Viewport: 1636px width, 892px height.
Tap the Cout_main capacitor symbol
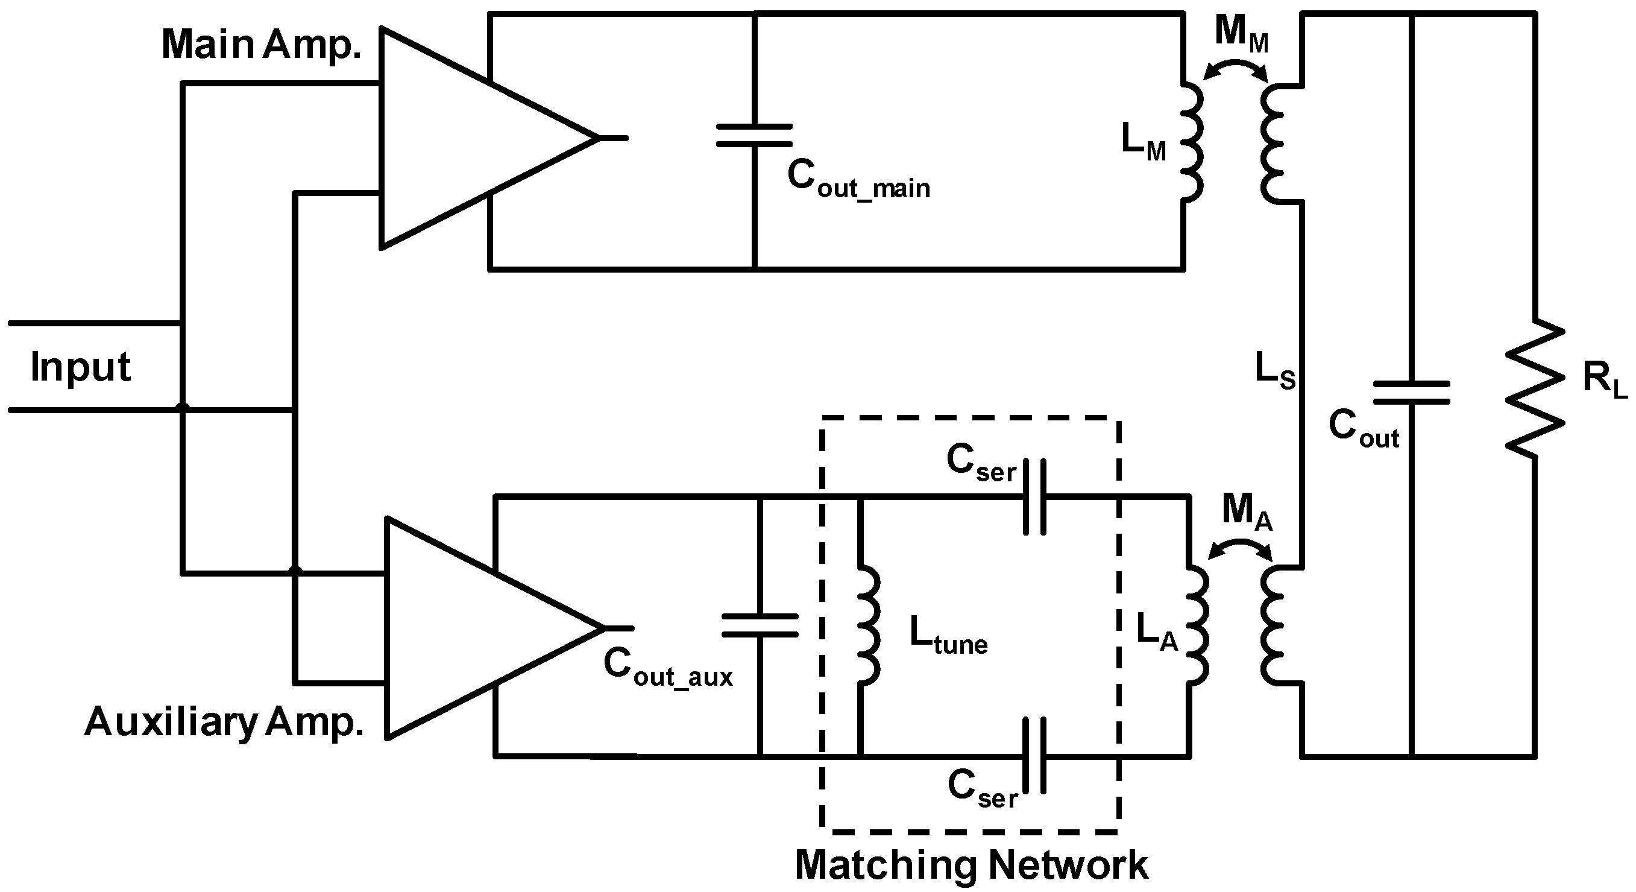click(755, 135)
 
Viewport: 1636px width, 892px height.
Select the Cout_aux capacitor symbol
click(760, 625)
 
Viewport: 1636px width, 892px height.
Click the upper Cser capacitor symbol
click(1034, 496)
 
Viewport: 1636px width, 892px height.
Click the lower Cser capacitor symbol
click(1034, 756)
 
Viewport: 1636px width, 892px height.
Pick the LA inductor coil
click(1197, 625)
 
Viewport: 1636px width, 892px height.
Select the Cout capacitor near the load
click(1411, 393)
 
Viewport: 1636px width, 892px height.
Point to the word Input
click(81, 367)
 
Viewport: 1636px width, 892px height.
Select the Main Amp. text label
click(261, 45)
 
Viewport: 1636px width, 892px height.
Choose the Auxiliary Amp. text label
click(224, 723)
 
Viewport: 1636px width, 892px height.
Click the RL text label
click(1604, 380)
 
